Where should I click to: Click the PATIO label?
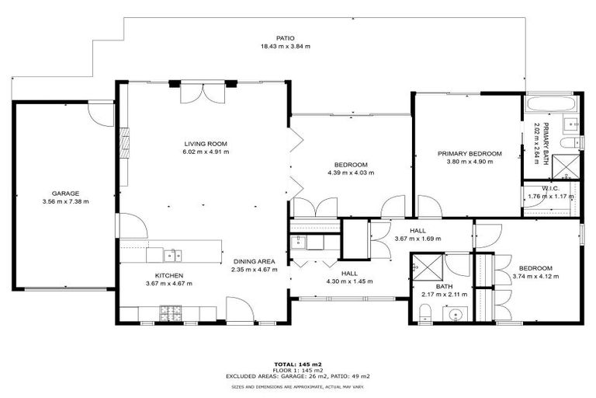click(285, 38)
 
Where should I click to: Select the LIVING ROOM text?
click(205, 143)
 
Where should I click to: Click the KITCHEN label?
click(168, 275)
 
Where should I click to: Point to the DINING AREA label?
click(255, 262)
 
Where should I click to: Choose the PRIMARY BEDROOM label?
click(469, 153)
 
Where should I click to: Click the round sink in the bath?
click(456, 315)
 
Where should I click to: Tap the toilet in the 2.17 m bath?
click(424, 313)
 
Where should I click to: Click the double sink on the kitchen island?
click(172, 254)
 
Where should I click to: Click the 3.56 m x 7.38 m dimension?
click(65, 201)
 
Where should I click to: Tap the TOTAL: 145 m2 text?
click(297, 364)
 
